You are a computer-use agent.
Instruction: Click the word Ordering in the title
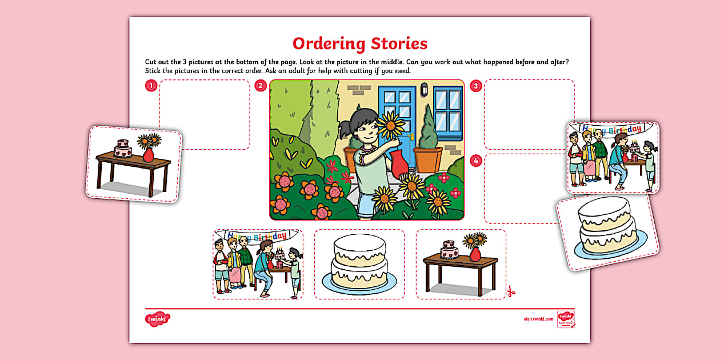327,44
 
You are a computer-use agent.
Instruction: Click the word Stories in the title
398,43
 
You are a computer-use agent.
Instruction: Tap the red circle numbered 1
150,86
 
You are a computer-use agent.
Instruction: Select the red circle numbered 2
261,86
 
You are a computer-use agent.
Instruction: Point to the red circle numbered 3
475,86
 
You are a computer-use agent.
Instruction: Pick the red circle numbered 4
475,161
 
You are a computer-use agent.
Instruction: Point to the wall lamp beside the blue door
424,90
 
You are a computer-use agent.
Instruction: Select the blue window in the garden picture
448,109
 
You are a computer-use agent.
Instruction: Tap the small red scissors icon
511,291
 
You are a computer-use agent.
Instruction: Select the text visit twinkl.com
538,319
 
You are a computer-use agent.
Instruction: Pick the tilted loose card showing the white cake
608,232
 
